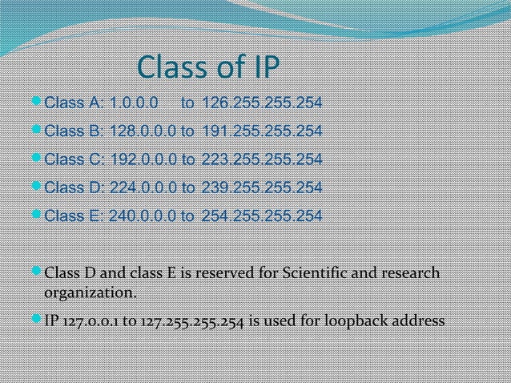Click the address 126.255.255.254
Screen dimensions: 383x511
point(262,103)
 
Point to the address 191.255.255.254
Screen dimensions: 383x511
point(262,131)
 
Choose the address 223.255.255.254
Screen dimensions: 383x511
point(262,159)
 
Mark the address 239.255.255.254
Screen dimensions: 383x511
point(262,188)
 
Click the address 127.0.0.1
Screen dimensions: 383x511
point(88,321)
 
